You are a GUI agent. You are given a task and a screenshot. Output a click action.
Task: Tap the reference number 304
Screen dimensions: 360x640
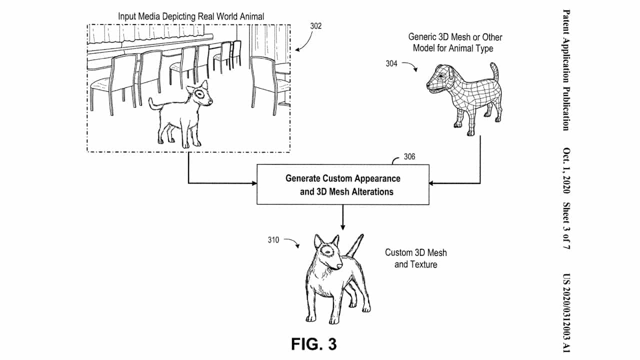tap(392, 63)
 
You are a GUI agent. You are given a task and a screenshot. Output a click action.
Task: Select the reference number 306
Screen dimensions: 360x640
tap(409, 157)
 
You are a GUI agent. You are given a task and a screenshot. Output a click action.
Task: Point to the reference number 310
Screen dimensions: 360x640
tap(273, 240)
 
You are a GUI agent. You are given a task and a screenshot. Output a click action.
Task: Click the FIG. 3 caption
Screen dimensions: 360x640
tap(314, 344)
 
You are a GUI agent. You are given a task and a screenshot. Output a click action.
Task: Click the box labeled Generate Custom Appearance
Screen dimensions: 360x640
tap(342, 185)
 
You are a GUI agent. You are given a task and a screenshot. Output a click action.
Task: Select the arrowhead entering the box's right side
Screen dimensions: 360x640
tap(432, 183)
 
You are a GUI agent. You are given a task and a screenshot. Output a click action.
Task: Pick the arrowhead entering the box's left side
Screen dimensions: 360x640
tap(253, 183)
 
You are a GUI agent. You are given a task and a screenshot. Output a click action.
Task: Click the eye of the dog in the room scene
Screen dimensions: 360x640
tap(201, 93)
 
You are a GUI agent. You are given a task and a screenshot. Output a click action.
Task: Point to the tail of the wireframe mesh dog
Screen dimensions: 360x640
tap(495, 72)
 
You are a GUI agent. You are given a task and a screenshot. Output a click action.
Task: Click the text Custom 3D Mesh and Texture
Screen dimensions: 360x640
tap(415, 258)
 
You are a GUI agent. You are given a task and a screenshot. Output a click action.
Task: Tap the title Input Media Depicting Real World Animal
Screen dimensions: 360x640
tap(191, 16)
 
